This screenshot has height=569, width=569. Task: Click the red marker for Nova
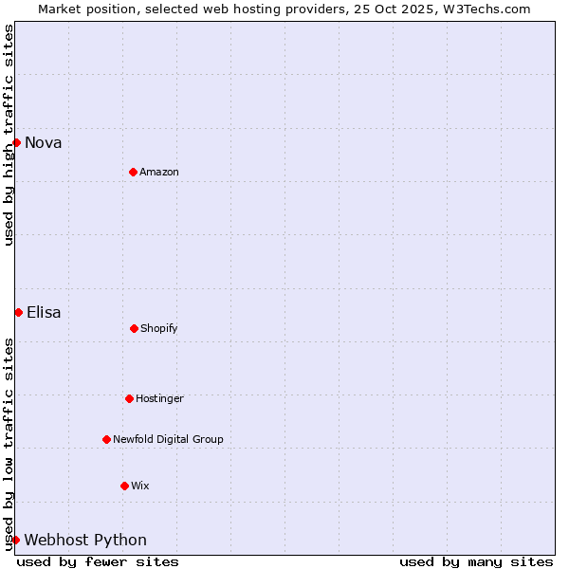click(x=16, y=142)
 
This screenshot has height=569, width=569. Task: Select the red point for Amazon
click(x=133, y=172)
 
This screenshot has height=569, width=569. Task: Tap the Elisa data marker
click(x=18, y=312)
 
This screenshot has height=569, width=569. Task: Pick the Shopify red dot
click(x=134, y=328)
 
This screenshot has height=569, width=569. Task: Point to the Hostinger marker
click(x=129, y=398)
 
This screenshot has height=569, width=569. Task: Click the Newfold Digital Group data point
click(x=106, y=439)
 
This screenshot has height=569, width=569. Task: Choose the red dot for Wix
click(x=124, y=486)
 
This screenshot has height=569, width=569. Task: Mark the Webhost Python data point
click(x=15, y=540)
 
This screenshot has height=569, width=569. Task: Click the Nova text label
click(x=44, y=143)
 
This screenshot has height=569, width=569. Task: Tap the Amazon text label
click(x=159, y=173)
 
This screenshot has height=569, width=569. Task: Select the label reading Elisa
click(x=44, y=313)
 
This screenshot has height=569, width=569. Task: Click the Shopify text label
click(x=159, y=329)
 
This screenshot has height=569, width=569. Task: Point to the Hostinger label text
click(x=159, y=399)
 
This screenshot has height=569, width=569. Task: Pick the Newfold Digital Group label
click(x=168, y=440)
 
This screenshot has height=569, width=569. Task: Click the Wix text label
click(x=140, y=486)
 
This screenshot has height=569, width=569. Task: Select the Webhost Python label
click(x=85, y=541)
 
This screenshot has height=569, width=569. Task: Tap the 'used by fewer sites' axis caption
click(x=98, y=561)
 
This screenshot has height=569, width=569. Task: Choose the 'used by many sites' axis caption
click(x=476, y=561)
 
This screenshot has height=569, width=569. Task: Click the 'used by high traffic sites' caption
click(x=9, y=135)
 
